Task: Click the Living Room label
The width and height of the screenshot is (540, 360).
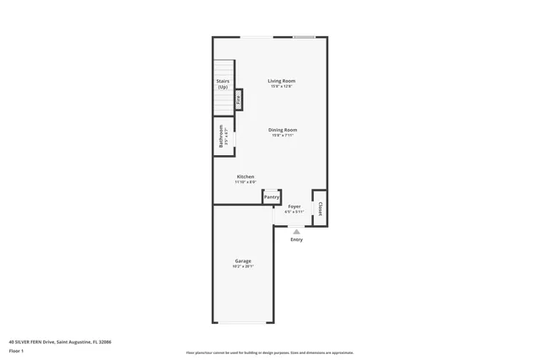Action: (x=282, y=81)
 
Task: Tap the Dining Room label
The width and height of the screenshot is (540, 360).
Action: (x=283, y=130)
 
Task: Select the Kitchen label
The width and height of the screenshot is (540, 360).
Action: (x=245, y=176)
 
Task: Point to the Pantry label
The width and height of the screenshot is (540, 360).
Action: (x=272, y=197)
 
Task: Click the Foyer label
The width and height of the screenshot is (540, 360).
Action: (x=294, y=206)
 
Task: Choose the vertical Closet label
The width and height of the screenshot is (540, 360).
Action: (x=320, y=208)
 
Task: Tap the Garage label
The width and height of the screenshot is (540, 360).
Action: (x=243, y=261)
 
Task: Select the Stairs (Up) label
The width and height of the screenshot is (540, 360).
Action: (x=223, y=84)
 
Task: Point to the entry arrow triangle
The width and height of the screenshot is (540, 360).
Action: (x=296, y=231)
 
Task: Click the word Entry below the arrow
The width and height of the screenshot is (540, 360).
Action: (x=296, y=240)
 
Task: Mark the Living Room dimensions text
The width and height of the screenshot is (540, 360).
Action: (x=282, y=86)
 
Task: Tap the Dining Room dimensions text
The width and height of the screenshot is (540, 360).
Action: (x=283, y=135)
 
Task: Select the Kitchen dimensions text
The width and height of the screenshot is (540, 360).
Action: (x=245, y=181)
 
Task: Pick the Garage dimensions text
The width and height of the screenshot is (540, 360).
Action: (x=243, y=266)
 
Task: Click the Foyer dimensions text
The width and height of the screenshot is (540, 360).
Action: (x=294, y=212)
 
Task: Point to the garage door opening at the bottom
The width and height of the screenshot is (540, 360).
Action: (x=243, y=323)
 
